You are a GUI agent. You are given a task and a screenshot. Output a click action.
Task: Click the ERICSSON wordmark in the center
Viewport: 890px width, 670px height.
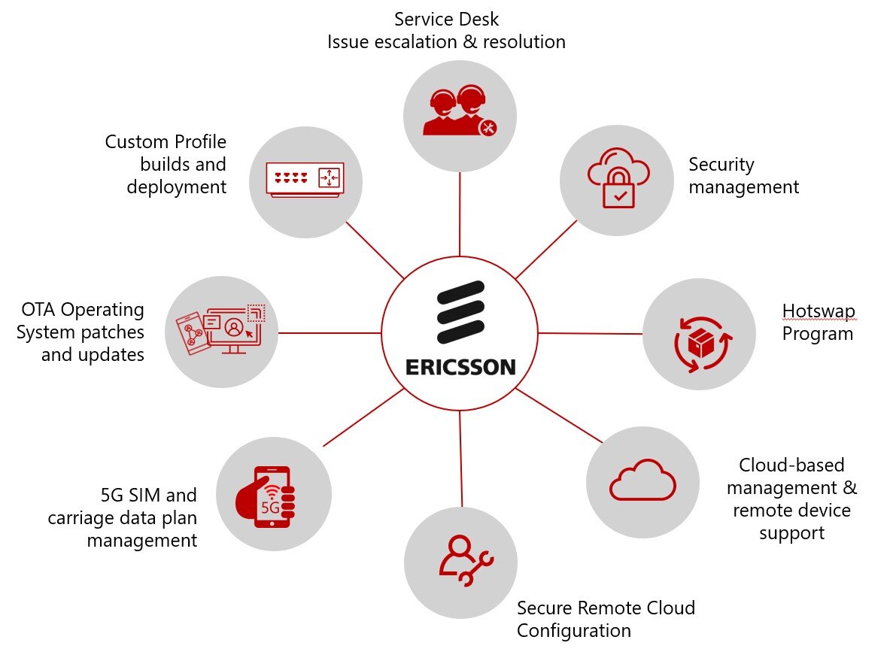coord(460,367)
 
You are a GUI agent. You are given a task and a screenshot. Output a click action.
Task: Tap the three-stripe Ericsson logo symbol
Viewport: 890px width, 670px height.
coord(460,313)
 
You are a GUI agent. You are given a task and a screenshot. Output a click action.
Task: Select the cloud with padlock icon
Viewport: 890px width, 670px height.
coord(615,181)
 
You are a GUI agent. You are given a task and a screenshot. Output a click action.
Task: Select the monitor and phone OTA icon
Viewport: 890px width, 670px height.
coord(222,330)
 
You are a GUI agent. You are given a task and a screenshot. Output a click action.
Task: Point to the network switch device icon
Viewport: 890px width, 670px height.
coord(305,180)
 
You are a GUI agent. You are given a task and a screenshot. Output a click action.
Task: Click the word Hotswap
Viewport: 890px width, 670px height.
coord(819,311)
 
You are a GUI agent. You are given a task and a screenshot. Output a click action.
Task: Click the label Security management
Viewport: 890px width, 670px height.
coord(743,175)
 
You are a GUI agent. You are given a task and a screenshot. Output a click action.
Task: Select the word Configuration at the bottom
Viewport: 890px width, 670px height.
coord(573,630)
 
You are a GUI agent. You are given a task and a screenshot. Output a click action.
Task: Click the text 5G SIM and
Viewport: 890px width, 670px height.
coord(148,495)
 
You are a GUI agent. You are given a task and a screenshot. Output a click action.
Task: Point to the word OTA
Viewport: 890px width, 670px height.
coord(38,309)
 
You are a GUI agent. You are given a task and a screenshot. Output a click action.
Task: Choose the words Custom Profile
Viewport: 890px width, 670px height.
coord(166,141)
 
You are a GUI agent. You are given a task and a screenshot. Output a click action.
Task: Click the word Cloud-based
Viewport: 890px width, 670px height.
coord(791,465)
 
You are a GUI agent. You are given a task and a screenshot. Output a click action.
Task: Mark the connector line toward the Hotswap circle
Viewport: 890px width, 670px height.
coord(591,333)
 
